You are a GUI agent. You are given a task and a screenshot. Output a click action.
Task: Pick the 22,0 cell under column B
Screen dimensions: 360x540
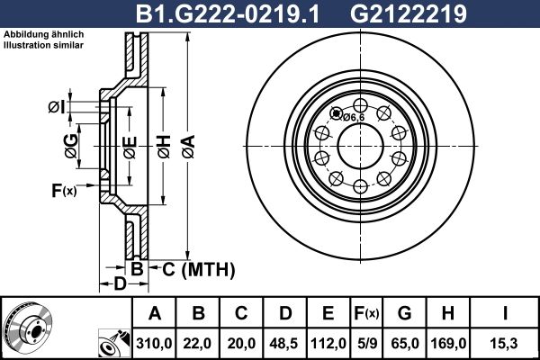(x=199, y=343)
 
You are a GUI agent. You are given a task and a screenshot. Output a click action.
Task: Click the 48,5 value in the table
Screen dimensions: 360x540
(x=284, y=343)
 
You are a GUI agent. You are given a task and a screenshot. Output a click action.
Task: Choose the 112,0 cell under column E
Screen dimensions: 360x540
(x=328, y=343)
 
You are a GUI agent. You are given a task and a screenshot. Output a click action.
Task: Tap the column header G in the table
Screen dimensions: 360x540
(x=405, y=313)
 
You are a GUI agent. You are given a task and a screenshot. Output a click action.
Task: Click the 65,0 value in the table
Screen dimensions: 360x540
(x=405, y=343)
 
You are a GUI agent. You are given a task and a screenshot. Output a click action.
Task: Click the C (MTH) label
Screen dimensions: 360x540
(x=198, y=268)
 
